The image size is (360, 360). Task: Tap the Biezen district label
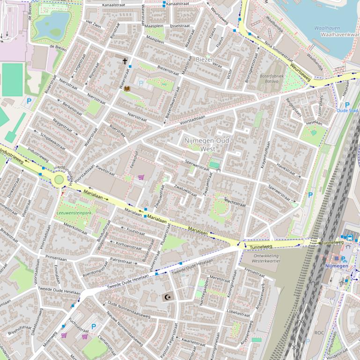204,60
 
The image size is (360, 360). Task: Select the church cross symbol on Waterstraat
125,61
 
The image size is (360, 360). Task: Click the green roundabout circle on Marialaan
59,180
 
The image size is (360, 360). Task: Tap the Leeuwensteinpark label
74,213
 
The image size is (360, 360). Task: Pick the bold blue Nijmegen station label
336,266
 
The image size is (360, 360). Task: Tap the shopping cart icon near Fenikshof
141,177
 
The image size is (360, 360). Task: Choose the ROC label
319,332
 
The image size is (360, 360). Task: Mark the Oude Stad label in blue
347,110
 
